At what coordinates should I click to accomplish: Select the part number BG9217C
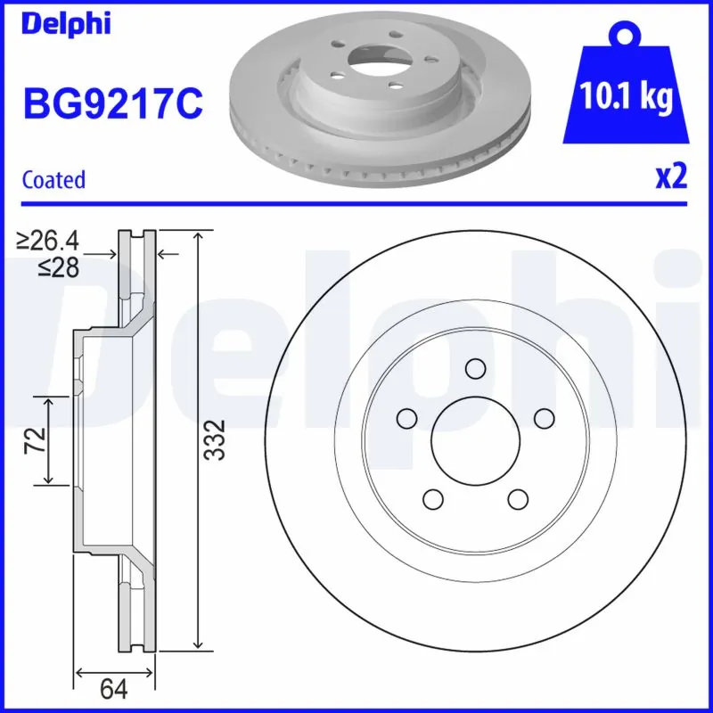113,104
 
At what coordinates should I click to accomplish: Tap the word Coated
53,179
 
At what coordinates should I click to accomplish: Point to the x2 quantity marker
671,177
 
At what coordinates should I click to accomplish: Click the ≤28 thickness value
61,266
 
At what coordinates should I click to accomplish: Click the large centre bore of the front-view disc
476,438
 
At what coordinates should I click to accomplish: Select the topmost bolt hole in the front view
476,368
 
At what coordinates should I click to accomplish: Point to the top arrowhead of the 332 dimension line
199,234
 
